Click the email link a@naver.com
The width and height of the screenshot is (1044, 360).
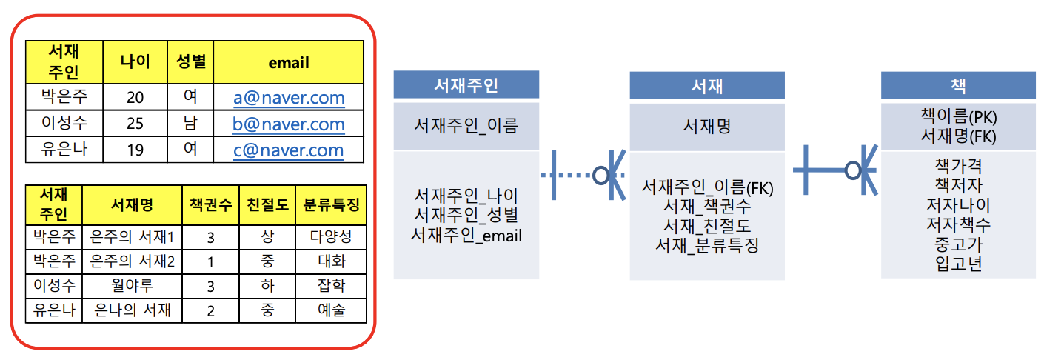289,97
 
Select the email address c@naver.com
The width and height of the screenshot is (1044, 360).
289,150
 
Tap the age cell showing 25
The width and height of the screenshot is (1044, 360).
135,124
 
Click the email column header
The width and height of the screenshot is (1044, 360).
289,63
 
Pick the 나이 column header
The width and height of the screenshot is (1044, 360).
135,63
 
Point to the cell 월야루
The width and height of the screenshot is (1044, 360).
132,286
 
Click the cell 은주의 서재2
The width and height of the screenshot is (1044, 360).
132,261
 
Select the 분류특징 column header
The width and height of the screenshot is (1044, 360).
330,205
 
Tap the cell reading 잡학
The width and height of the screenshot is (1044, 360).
330,286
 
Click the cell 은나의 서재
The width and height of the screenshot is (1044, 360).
132,310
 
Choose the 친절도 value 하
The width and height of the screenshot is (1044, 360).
267,286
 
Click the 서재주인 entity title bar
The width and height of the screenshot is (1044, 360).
466,85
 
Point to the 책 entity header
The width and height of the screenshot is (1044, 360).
957,85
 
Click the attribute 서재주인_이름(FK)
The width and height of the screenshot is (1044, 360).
706,188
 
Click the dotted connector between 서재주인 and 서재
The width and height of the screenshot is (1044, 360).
571,176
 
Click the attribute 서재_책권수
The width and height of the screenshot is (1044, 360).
706,207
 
